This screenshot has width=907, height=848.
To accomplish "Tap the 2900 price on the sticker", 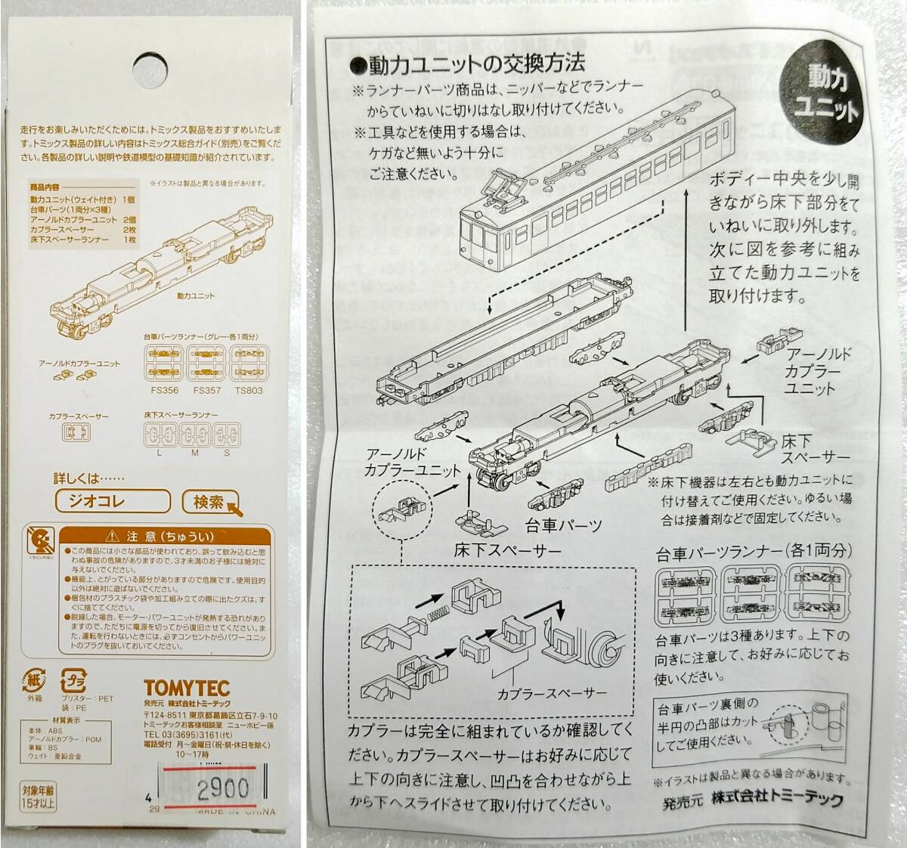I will point(222,789).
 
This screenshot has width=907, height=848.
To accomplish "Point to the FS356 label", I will point(164,390).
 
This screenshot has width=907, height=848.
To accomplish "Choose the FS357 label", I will point(206,390).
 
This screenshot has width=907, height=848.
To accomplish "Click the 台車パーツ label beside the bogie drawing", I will point(564,525).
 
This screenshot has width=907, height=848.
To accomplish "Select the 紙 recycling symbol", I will point(34,679).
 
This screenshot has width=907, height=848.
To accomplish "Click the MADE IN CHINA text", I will point(234,812).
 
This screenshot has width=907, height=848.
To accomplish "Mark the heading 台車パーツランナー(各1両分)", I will point(753,551).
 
